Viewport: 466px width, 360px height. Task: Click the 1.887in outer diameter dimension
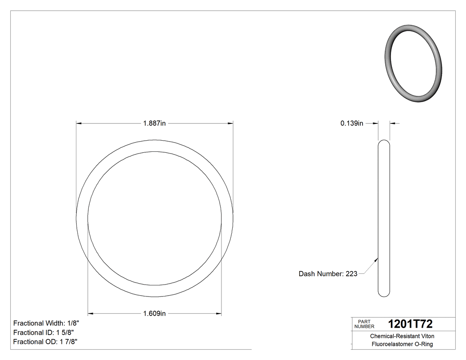tap(154, 123)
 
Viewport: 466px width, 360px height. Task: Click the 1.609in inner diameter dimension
tap(154, 314)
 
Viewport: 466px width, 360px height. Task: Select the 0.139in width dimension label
tap(352, 123)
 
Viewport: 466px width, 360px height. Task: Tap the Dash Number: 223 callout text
tap(328, 274)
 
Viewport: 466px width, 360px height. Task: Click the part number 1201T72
tap(410, 324)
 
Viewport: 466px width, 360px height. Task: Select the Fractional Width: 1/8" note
tap(46, 323)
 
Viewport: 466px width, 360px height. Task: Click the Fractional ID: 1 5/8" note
tap(43, 332)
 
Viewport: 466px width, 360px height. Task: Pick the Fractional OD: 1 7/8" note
tap(46, 342)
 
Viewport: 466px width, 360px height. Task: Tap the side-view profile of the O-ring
tap(384, 218)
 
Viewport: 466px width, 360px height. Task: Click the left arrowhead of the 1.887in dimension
tap(79, 123)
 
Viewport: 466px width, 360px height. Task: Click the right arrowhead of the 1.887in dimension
tap(231, 123)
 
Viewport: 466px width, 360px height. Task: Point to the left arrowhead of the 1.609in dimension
tap(91, 314)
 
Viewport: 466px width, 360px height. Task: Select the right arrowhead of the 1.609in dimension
tap(219, 314)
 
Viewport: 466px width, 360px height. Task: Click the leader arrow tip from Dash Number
tap(378, 257)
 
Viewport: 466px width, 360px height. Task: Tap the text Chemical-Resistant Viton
tap(402, 336)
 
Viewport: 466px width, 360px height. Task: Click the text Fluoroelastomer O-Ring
tap(402, 344)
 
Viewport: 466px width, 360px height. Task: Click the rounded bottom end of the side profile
tap(384, 293)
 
